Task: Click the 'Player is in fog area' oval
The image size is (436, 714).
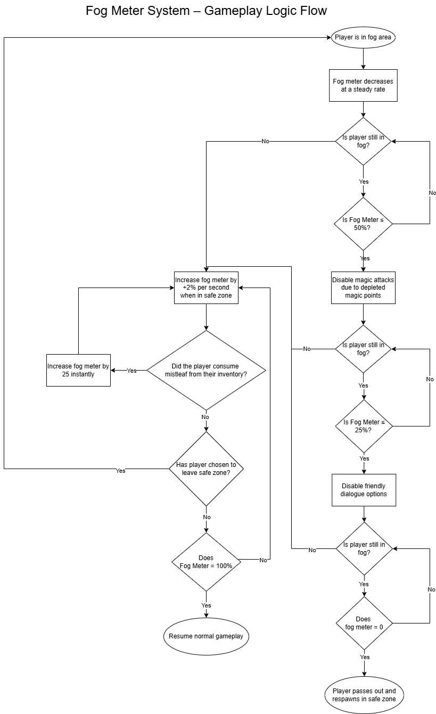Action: click(364, 37)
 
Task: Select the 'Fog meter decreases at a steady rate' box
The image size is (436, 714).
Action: click(363, 85)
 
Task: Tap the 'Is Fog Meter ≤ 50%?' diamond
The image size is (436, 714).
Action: click(363, 224)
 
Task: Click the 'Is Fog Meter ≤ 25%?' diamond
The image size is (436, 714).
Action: click(363, 426)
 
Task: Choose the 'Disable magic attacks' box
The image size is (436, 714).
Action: click(363, 288)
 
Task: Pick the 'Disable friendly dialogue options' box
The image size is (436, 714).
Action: click(364, 490)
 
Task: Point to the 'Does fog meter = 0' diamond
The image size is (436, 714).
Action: click(364, 623)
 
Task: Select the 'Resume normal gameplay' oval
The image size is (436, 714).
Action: click(206, 636)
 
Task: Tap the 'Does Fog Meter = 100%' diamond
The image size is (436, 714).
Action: click(206, 562)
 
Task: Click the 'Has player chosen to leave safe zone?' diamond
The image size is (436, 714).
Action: click(206, 469)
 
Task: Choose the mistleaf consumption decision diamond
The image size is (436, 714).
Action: click(206, 370)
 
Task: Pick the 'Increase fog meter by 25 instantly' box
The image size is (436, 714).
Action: click(78, 370)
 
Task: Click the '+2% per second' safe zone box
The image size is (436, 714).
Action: click(206, 288)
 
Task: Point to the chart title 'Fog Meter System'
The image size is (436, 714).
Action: click(206, 10)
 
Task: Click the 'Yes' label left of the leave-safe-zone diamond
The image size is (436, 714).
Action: click(121, 471)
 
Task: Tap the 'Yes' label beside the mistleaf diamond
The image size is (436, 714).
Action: click(131, 371)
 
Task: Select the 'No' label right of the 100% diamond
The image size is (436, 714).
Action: click(264, 560)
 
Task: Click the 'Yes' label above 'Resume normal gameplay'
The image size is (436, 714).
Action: click(206, 605)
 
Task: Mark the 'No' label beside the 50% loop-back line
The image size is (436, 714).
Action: click(432, 193)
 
